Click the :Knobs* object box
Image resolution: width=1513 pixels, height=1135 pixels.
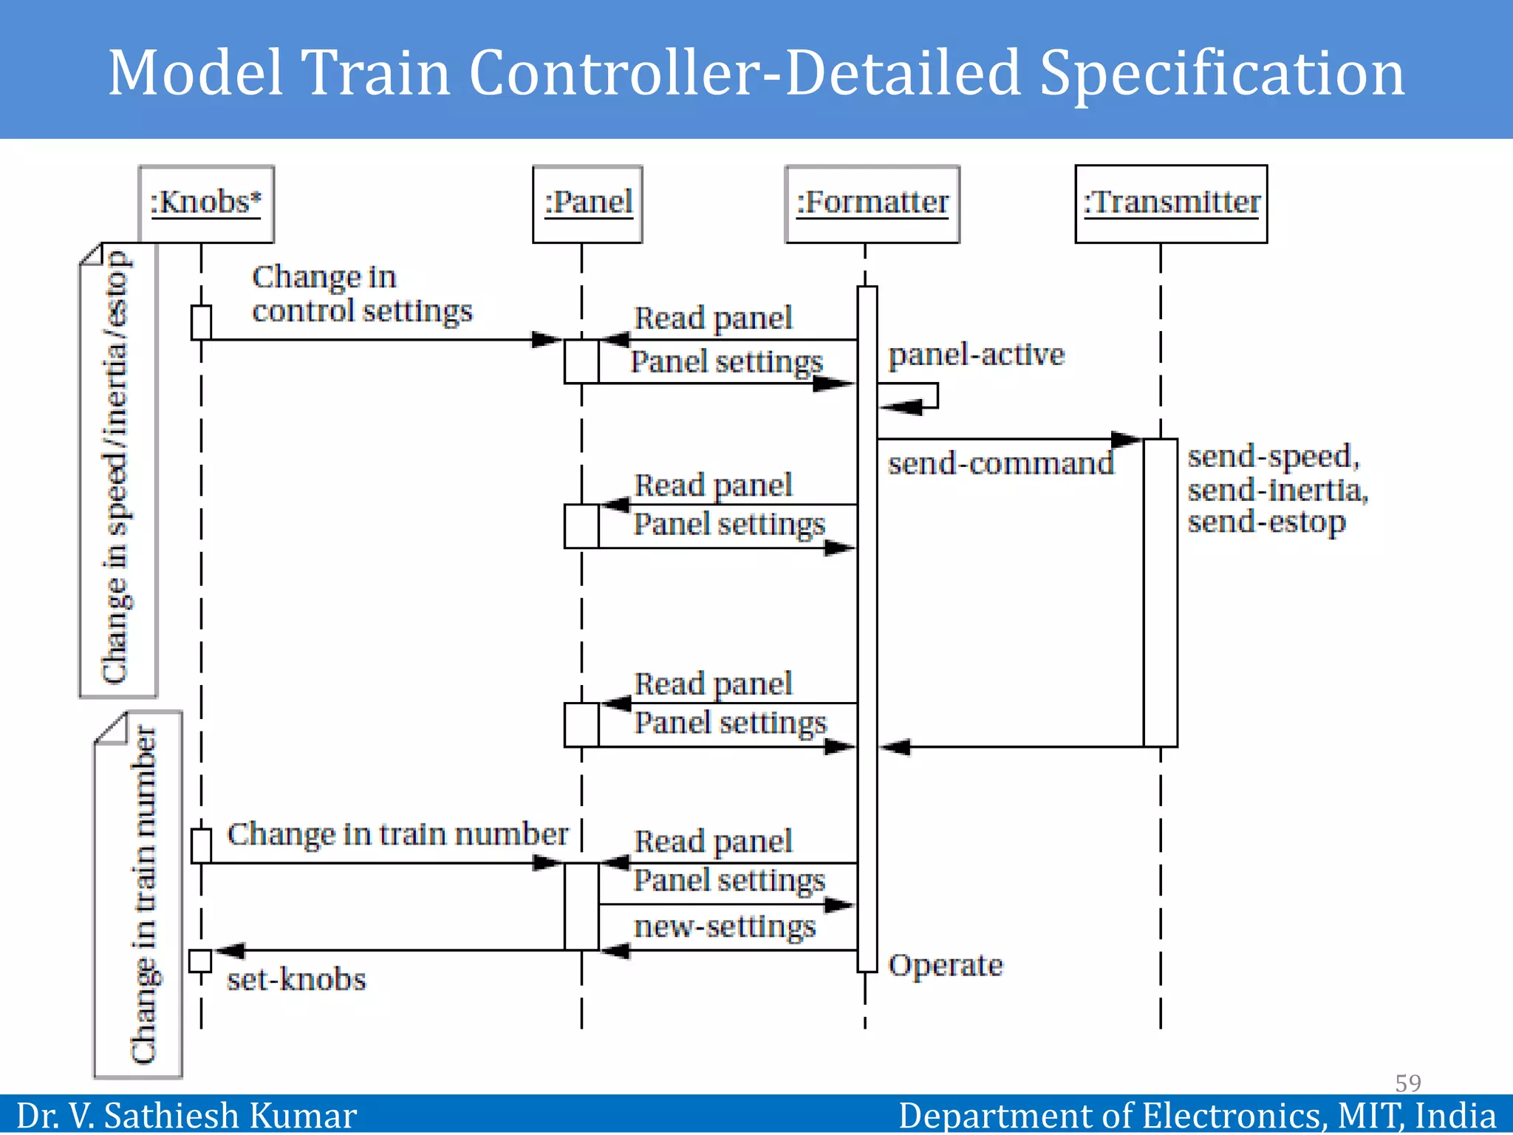coord(206,203)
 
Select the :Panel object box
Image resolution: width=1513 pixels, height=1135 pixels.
coord(587,203)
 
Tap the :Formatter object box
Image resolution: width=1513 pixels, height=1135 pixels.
coord(872,203)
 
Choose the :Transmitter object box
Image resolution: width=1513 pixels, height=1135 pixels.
coord(1171,203)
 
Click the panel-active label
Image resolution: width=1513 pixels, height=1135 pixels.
coord(976,355)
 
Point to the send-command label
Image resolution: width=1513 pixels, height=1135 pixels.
coord(1000,464)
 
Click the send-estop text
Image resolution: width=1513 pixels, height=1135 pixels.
coord(1266,522)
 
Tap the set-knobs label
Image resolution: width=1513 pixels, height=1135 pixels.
coord(296,980)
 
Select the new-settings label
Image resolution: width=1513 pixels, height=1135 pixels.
coord(725,927)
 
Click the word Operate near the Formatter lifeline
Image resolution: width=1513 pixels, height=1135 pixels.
coord(945,966)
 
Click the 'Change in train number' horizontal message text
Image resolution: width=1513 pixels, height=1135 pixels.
coord(397,835)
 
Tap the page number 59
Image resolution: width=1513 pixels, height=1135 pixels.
coord(1407,1083)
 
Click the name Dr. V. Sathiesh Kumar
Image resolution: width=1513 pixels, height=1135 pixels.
coord(186,1115)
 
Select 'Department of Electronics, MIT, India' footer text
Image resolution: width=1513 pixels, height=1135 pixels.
coord(1197,1115)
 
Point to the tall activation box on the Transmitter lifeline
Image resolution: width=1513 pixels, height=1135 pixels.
coord(1160,591)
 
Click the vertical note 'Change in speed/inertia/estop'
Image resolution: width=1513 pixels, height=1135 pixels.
coord(117,469)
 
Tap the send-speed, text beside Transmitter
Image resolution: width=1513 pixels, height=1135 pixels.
coord(1273,457)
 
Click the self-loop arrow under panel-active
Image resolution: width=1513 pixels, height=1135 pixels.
coord(916,397)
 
